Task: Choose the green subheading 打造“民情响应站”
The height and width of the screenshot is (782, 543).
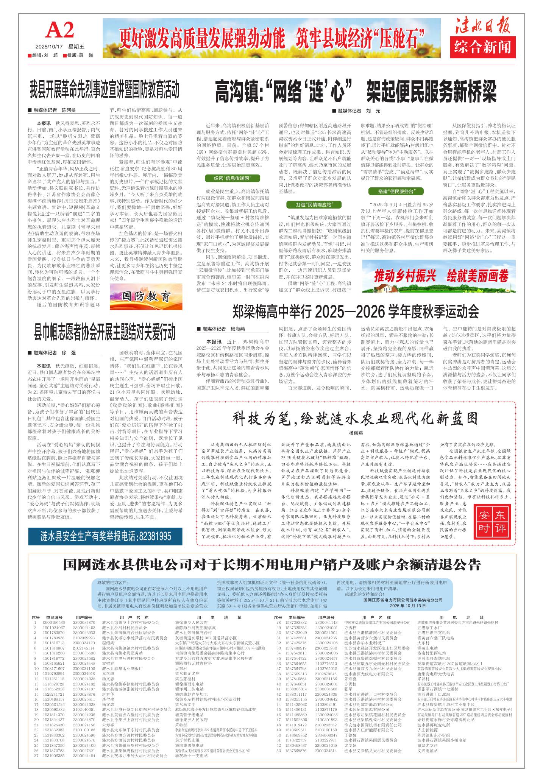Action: (x=314, y=205)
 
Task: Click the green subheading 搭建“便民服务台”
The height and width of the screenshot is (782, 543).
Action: (x=396, y=191)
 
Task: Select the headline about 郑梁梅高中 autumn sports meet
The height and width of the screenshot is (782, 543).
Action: (x=356, y=312)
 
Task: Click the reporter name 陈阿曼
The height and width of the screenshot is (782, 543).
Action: (x=69, y=111)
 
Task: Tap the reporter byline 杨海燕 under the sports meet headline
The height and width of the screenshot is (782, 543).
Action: (x=238, y=329)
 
